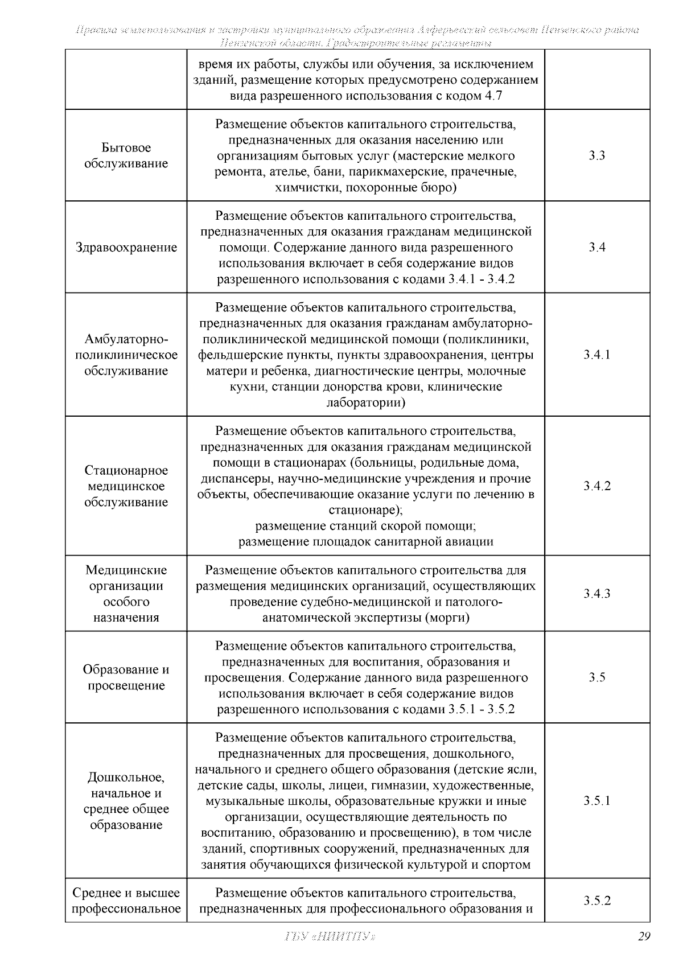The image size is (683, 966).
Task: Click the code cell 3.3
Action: click(x=596, y=155)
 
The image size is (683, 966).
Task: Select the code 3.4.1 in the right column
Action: click(x=596, y=355)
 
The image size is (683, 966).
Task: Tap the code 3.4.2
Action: click(x=596, y=486)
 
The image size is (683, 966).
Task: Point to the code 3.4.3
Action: click(x=596, y=594)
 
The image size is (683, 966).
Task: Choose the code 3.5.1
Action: click(x=596, y=801)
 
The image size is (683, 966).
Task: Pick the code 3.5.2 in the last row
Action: click(x=596, y=901)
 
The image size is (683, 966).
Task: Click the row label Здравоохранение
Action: click(x=126, y=248)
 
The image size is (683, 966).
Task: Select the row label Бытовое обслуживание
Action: click(x=126, y=156)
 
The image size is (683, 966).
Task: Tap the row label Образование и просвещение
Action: click(x=126, y=677)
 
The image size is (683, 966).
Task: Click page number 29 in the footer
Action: click(x=643, y=936)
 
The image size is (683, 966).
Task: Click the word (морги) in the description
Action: click(x=447, y=618)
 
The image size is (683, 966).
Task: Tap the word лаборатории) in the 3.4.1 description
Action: click(x=365, y=403)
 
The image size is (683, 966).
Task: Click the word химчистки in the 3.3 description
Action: click(x=302, y=187)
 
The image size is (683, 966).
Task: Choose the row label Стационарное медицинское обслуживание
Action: click(x=126, y=486)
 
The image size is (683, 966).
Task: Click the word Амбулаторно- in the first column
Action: click(x=126, y=339)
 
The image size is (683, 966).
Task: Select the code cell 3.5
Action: click(x=596, y=677)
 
